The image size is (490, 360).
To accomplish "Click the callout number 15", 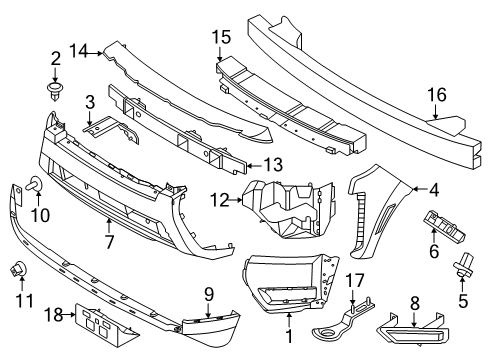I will (x=221, y=37).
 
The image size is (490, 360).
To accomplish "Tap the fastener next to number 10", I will (x=35, y=185).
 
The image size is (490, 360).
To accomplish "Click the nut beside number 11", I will (x=20, y=269).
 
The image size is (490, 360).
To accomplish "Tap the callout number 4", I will (x=434, y=187).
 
